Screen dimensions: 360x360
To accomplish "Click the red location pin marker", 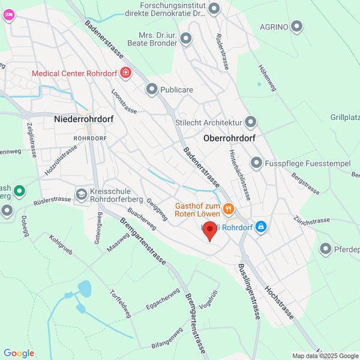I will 209,230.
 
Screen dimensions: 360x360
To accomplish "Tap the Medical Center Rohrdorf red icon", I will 125,73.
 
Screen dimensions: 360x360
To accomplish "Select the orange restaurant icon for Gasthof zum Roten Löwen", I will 228,209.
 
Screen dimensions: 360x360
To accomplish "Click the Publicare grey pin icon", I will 152,89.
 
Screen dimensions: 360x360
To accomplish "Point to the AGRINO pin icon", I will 296,26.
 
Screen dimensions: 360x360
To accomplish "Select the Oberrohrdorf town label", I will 229,138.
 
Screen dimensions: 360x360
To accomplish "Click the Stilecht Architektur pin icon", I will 251,122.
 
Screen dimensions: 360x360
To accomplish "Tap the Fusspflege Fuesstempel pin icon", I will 256,163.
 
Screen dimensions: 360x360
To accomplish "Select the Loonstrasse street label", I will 124,101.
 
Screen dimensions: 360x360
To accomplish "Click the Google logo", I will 19,353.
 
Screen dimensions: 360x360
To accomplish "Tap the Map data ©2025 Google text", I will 325,355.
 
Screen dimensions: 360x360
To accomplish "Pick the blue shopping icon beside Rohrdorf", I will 260,227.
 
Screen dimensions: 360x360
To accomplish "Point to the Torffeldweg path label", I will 120,304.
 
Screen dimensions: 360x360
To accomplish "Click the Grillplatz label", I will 344,117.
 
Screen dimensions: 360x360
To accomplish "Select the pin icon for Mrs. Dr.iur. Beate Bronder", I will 186,39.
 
